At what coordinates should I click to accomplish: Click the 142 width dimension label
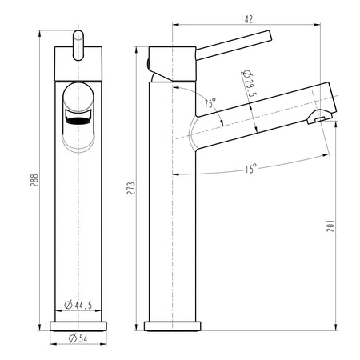246,19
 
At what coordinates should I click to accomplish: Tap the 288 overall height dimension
35,180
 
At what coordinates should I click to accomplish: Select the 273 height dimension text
131,188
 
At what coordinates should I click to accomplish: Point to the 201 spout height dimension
330,226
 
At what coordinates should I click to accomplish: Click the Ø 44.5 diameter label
78,305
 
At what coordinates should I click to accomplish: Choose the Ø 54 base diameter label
78,338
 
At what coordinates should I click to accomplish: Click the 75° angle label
210,103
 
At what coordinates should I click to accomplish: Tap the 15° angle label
251,169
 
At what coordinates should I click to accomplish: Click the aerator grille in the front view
78,121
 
